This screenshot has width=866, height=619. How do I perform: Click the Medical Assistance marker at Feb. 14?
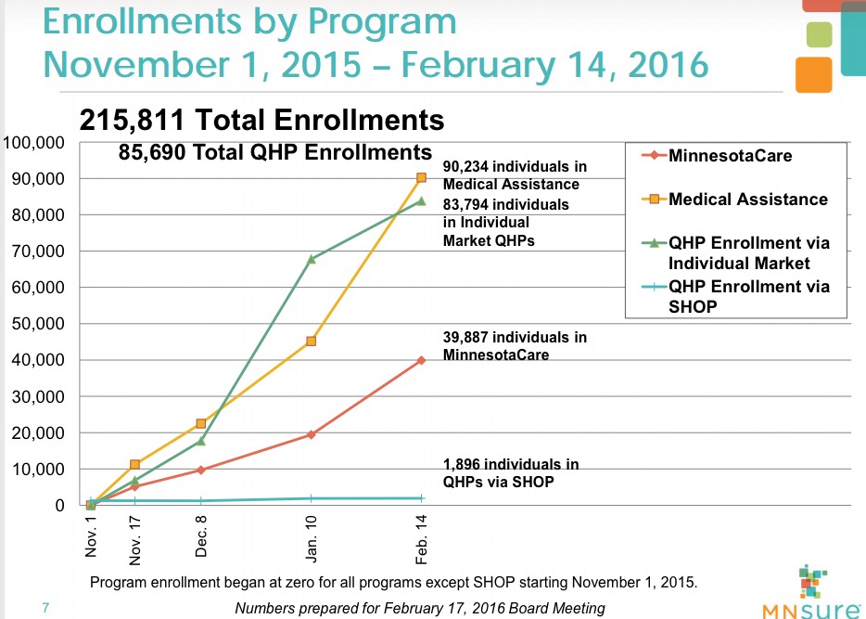tap(421, 177)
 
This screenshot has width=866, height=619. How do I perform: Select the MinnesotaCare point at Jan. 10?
tap(311, 434)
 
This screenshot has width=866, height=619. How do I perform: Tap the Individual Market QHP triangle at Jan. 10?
tap(311, 259)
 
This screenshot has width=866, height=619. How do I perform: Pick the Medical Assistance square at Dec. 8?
tap(200, 423)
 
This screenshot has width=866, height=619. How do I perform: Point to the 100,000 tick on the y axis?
tap(33, 143)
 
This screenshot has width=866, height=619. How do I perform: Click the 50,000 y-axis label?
tap(37, 324)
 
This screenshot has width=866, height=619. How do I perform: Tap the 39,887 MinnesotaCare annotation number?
tap(468, 338)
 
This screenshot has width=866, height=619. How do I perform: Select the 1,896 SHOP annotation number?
tap(465, 464)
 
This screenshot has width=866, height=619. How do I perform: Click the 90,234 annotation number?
tap(469, 167)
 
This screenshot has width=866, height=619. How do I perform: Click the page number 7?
tap(45, 609)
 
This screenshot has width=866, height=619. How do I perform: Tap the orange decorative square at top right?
tap(813, 75)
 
